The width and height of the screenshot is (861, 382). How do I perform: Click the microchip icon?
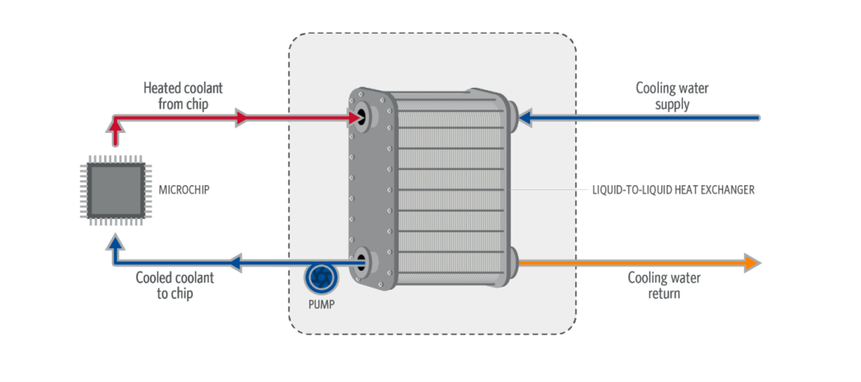click(116, 190)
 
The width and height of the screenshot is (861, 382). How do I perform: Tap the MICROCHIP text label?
click(184, 190)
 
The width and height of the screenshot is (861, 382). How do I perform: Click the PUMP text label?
click(321, 305)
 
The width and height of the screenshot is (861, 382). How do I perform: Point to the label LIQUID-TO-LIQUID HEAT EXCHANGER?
click(672, 190)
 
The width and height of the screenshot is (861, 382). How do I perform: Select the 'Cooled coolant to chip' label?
click(175, 285)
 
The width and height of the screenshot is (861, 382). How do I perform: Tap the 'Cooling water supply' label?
click(672, 96)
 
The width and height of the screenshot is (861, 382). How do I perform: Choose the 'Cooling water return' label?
click(663, 285)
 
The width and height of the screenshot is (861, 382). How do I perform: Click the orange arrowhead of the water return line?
click(751, 264)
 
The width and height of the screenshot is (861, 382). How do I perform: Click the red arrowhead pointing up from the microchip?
click(114, 126)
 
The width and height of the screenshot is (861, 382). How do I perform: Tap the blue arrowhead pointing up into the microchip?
click(114, 243)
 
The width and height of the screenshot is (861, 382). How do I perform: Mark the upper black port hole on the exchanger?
click(362, 117)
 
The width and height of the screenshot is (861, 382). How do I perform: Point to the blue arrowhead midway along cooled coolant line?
click(236, 264)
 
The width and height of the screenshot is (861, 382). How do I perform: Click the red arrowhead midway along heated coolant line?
click(242, 118)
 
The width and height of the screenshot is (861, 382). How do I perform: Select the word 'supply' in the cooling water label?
click(672, 104)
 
